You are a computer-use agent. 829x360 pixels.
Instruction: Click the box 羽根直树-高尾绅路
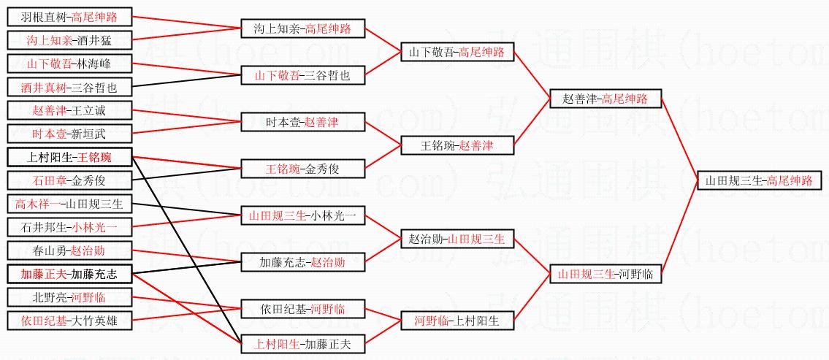tap(70, 17)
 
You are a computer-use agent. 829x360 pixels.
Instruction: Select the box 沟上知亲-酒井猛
tap(70, 40)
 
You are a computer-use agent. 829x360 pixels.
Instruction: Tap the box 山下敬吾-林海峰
tap(70, 64)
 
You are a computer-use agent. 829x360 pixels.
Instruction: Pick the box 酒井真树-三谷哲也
tap(70, 88)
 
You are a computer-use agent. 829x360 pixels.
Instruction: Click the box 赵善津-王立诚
tap(70, 110)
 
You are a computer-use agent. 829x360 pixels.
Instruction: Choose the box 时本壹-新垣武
tap(70, 134)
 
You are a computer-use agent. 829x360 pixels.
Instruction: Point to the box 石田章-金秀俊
tap(70, 180)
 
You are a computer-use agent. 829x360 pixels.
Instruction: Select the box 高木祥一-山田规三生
tap(70, 204)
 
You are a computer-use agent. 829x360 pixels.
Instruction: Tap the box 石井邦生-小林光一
tap(70, 227)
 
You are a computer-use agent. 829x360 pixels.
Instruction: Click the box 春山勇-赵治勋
tap(70, 250)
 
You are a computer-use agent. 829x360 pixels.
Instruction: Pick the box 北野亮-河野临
tap(70, 297)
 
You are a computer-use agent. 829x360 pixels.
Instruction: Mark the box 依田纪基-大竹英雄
tap(70, 320)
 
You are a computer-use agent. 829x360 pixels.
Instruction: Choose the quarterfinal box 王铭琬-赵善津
tap(457, 145)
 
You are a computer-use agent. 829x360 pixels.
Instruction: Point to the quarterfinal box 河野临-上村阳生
tap(457, 320)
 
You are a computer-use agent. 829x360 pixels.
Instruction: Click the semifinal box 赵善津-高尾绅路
tap(605, 99)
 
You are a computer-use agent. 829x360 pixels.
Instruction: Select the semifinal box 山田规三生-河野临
tap(605, 274)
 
